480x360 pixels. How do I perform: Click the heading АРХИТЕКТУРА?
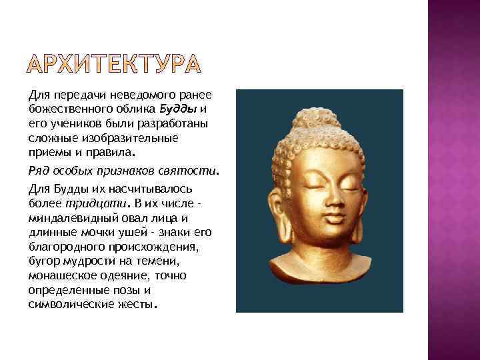tap(114, 64)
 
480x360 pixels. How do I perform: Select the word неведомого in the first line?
tap(122, 96)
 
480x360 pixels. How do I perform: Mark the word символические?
tap(69, 304)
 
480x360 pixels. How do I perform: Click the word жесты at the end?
tap(139, 304)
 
